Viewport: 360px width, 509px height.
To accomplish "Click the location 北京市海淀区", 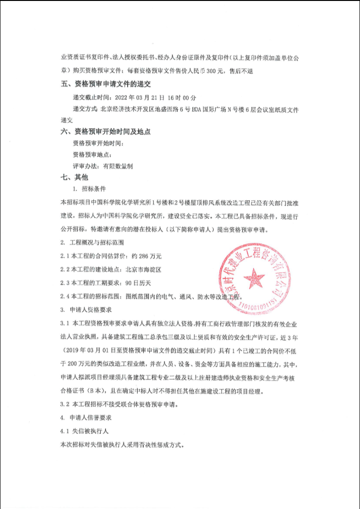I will click(x=144, y=270).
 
